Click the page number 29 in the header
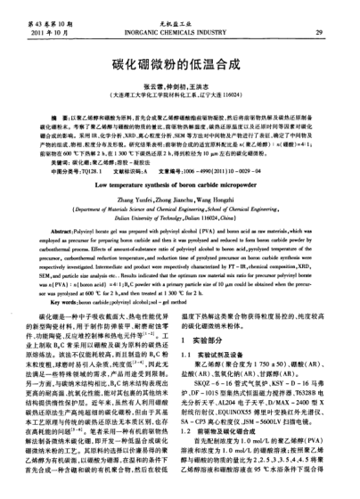click(x=319, y=31)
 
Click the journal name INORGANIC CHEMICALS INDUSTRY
click(x=179, y=31)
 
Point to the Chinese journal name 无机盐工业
click(x=179, y=22)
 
